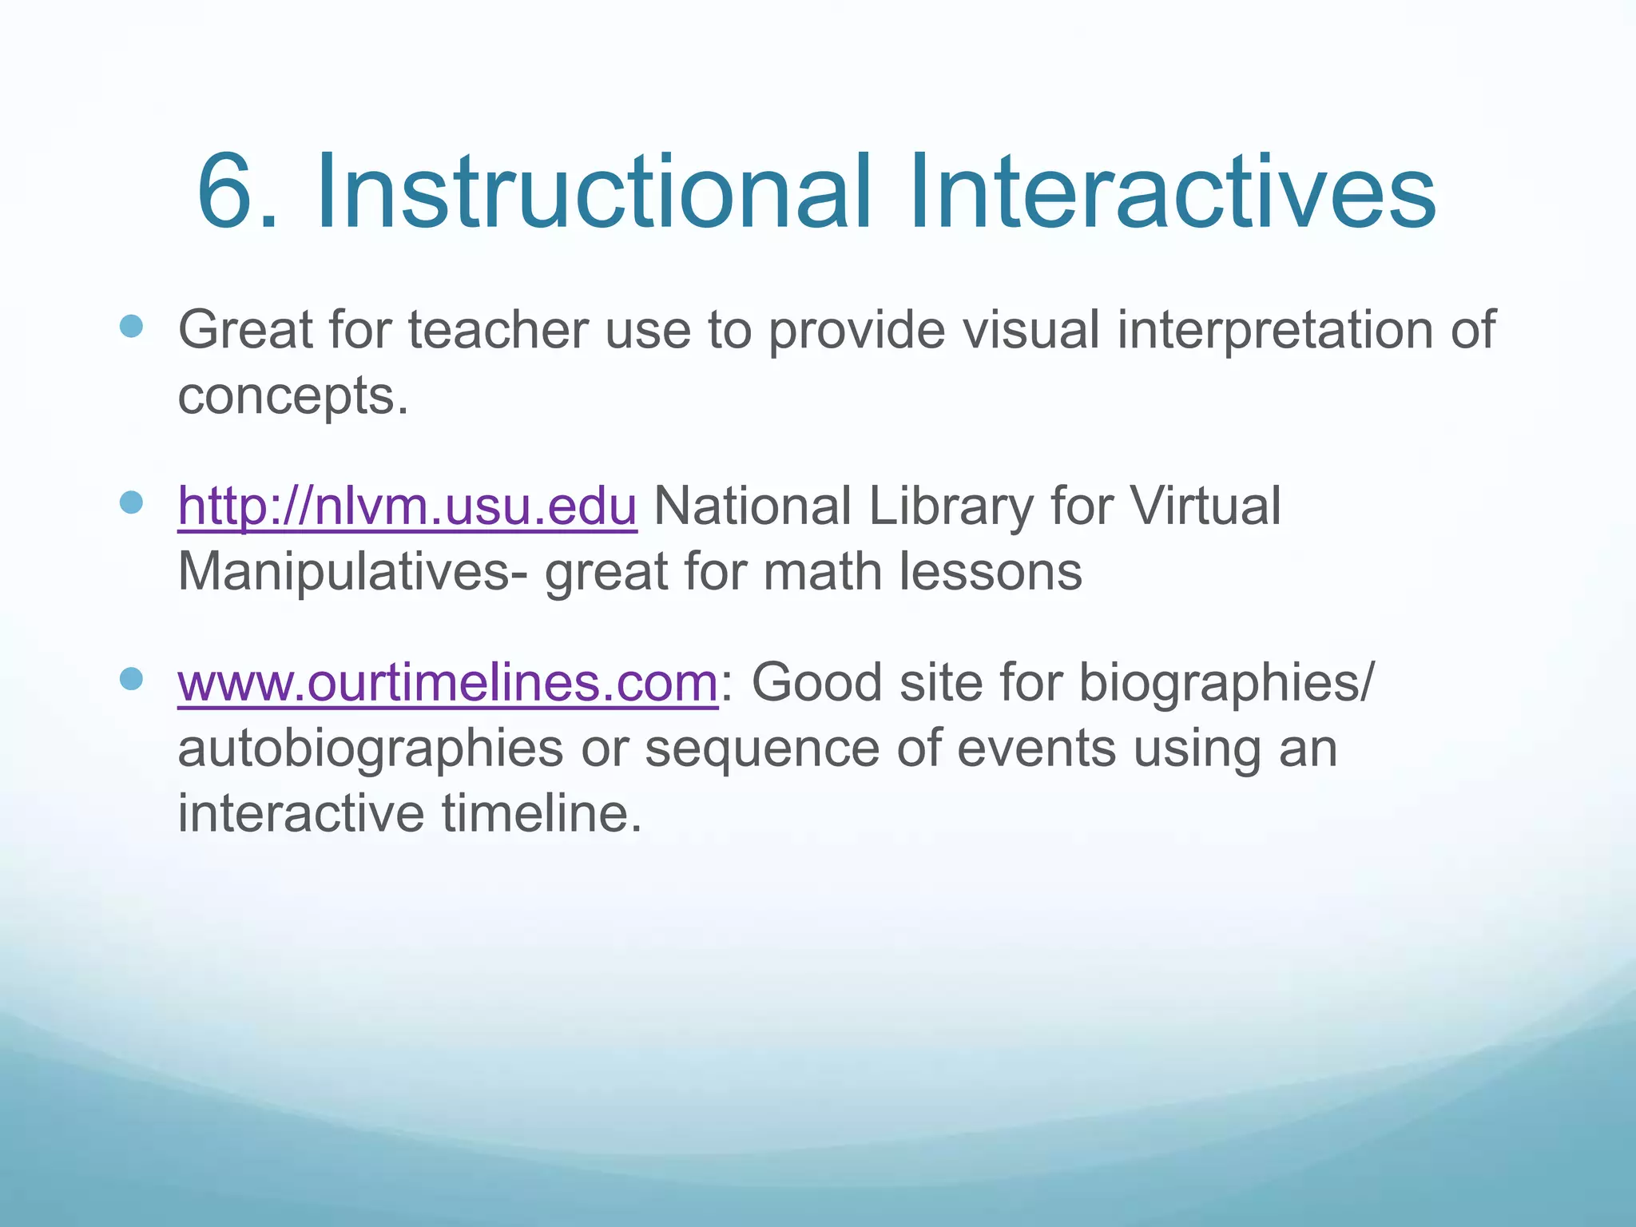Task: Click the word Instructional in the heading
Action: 592,193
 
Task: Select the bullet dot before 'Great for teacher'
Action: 131,326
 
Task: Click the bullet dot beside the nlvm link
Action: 131,502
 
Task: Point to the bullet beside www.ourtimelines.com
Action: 131,679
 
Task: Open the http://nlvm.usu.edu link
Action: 407,506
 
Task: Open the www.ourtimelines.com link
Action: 448,683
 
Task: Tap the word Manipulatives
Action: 343,573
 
